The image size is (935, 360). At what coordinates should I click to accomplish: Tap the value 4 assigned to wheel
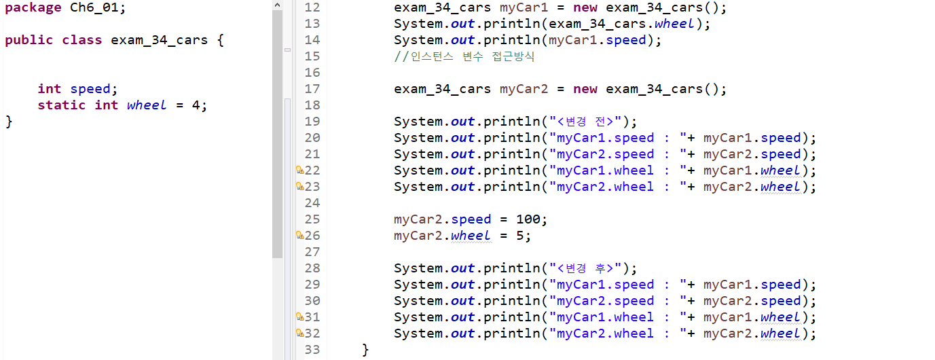(195, 105)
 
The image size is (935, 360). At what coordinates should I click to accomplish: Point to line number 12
(312, 7)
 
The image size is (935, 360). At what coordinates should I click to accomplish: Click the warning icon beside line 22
(299, 170)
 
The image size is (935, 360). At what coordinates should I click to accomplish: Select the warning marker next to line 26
(299, 235)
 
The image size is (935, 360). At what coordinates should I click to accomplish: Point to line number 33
(312, 349)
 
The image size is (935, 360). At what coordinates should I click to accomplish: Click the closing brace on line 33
(365, 350)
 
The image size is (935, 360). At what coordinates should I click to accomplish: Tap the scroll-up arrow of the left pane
(277, 5)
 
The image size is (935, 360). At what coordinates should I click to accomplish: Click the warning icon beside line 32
(299, 333)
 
